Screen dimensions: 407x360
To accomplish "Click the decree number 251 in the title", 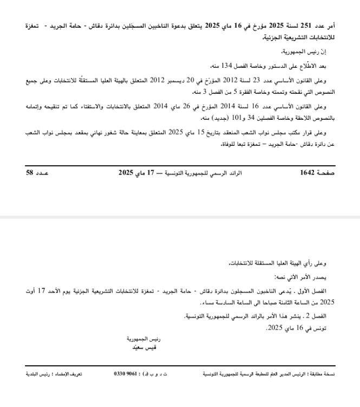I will (x=307, y=26).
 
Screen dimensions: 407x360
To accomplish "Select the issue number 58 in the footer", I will (x=30, y=173).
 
